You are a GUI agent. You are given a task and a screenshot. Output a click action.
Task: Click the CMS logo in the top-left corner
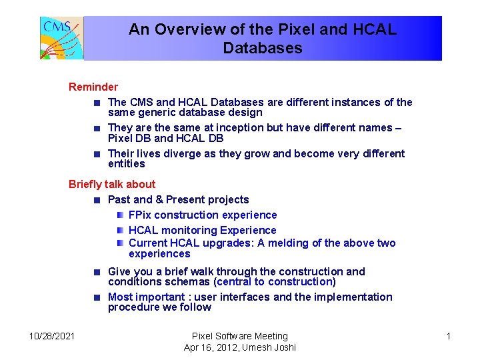click(61, 38)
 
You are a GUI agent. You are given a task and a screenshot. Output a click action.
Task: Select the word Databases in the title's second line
click(263, 48)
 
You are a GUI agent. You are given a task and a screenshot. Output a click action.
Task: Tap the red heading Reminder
click(93, 87)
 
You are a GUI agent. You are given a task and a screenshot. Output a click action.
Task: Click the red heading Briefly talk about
click(112, 184)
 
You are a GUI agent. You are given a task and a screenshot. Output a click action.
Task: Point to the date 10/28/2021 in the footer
click(53, 336)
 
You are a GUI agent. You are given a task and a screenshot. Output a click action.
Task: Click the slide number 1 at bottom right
click(448, 336)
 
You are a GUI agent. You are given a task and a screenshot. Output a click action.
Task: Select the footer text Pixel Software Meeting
click(240, 336)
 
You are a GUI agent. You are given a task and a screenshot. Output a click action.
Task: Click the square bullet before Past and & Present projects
click(97, 200)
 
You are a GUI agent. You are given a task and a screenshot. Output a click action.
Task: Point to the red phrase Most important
click(145, 297)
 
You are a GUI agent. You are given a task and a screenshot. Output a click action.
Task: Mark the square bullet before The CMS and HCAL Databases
click(97, 103)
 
